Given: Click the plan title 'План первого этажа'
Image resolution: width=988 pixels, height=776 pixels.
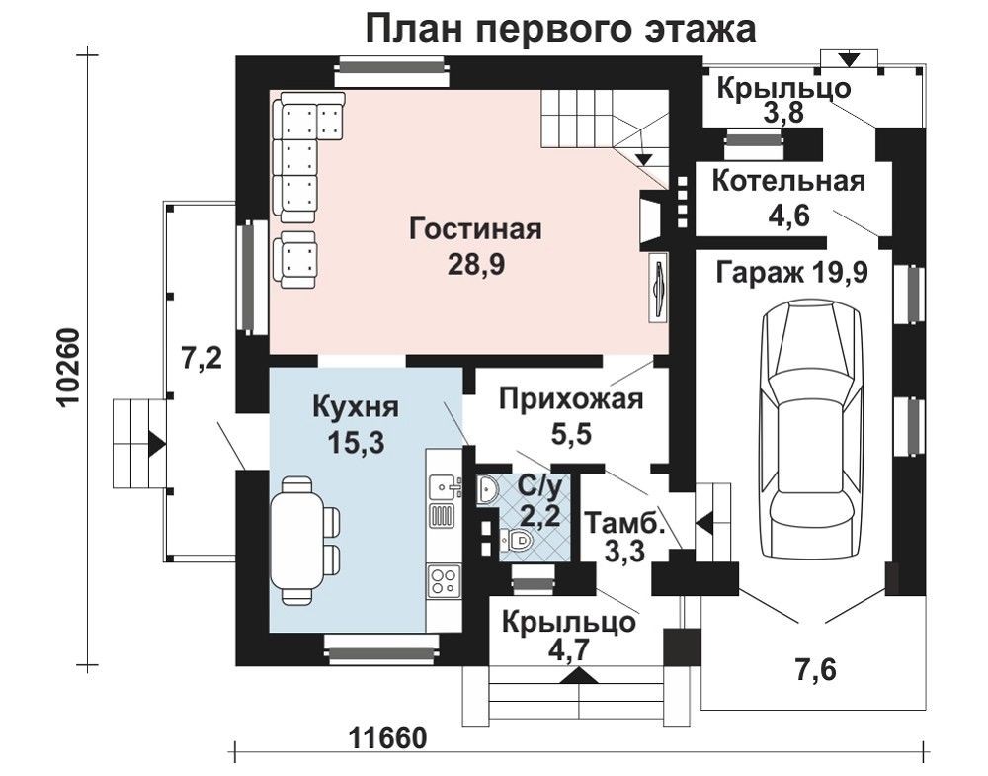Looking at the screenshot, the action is pos(560,29).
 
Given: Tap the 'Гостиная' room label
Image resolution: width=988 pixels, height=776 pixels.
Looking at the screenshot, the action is pos(476,228).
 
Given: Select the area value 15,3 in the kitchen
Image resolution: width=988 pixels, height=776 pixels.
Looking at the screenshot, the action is pos(356,443).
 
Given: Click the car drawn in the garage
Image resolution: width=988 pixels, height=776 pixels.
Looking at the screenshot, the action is pos(811,428).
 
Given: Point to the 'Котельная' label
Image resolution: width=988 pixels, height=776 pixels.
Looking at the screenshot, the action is pos(788,181).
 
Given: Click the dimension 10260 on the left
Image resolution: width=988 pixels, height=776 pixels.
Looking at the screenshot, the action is pos(70,369).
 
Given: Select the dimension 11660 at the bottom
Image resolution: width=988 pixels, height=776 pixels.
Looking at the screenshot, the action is pos(387,736).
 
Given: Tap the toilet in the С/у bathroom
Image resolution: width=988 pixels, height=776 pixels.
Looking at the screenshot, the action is pos(517,541).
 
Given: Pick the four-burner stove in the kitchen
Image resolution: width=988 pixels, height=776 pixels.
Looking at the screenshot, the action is pos(444,581).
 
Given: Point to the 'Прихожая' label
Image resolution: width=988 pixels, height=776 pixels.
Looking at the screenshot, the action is pos(571,399).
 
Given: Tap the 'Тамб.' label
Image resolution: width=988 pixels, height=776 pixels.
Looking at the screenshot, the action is pos(625,523).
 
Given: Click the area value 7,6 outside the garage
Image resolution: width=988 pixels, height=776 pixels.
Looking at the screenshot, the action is pos(817,670).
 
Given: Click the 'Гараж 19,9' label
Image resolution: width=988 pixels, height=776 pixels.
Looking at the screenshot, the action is pos(792,273).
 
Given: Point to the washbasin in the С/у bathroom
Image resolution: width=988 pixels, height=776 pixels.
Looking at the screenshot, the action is pos(488,489).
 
